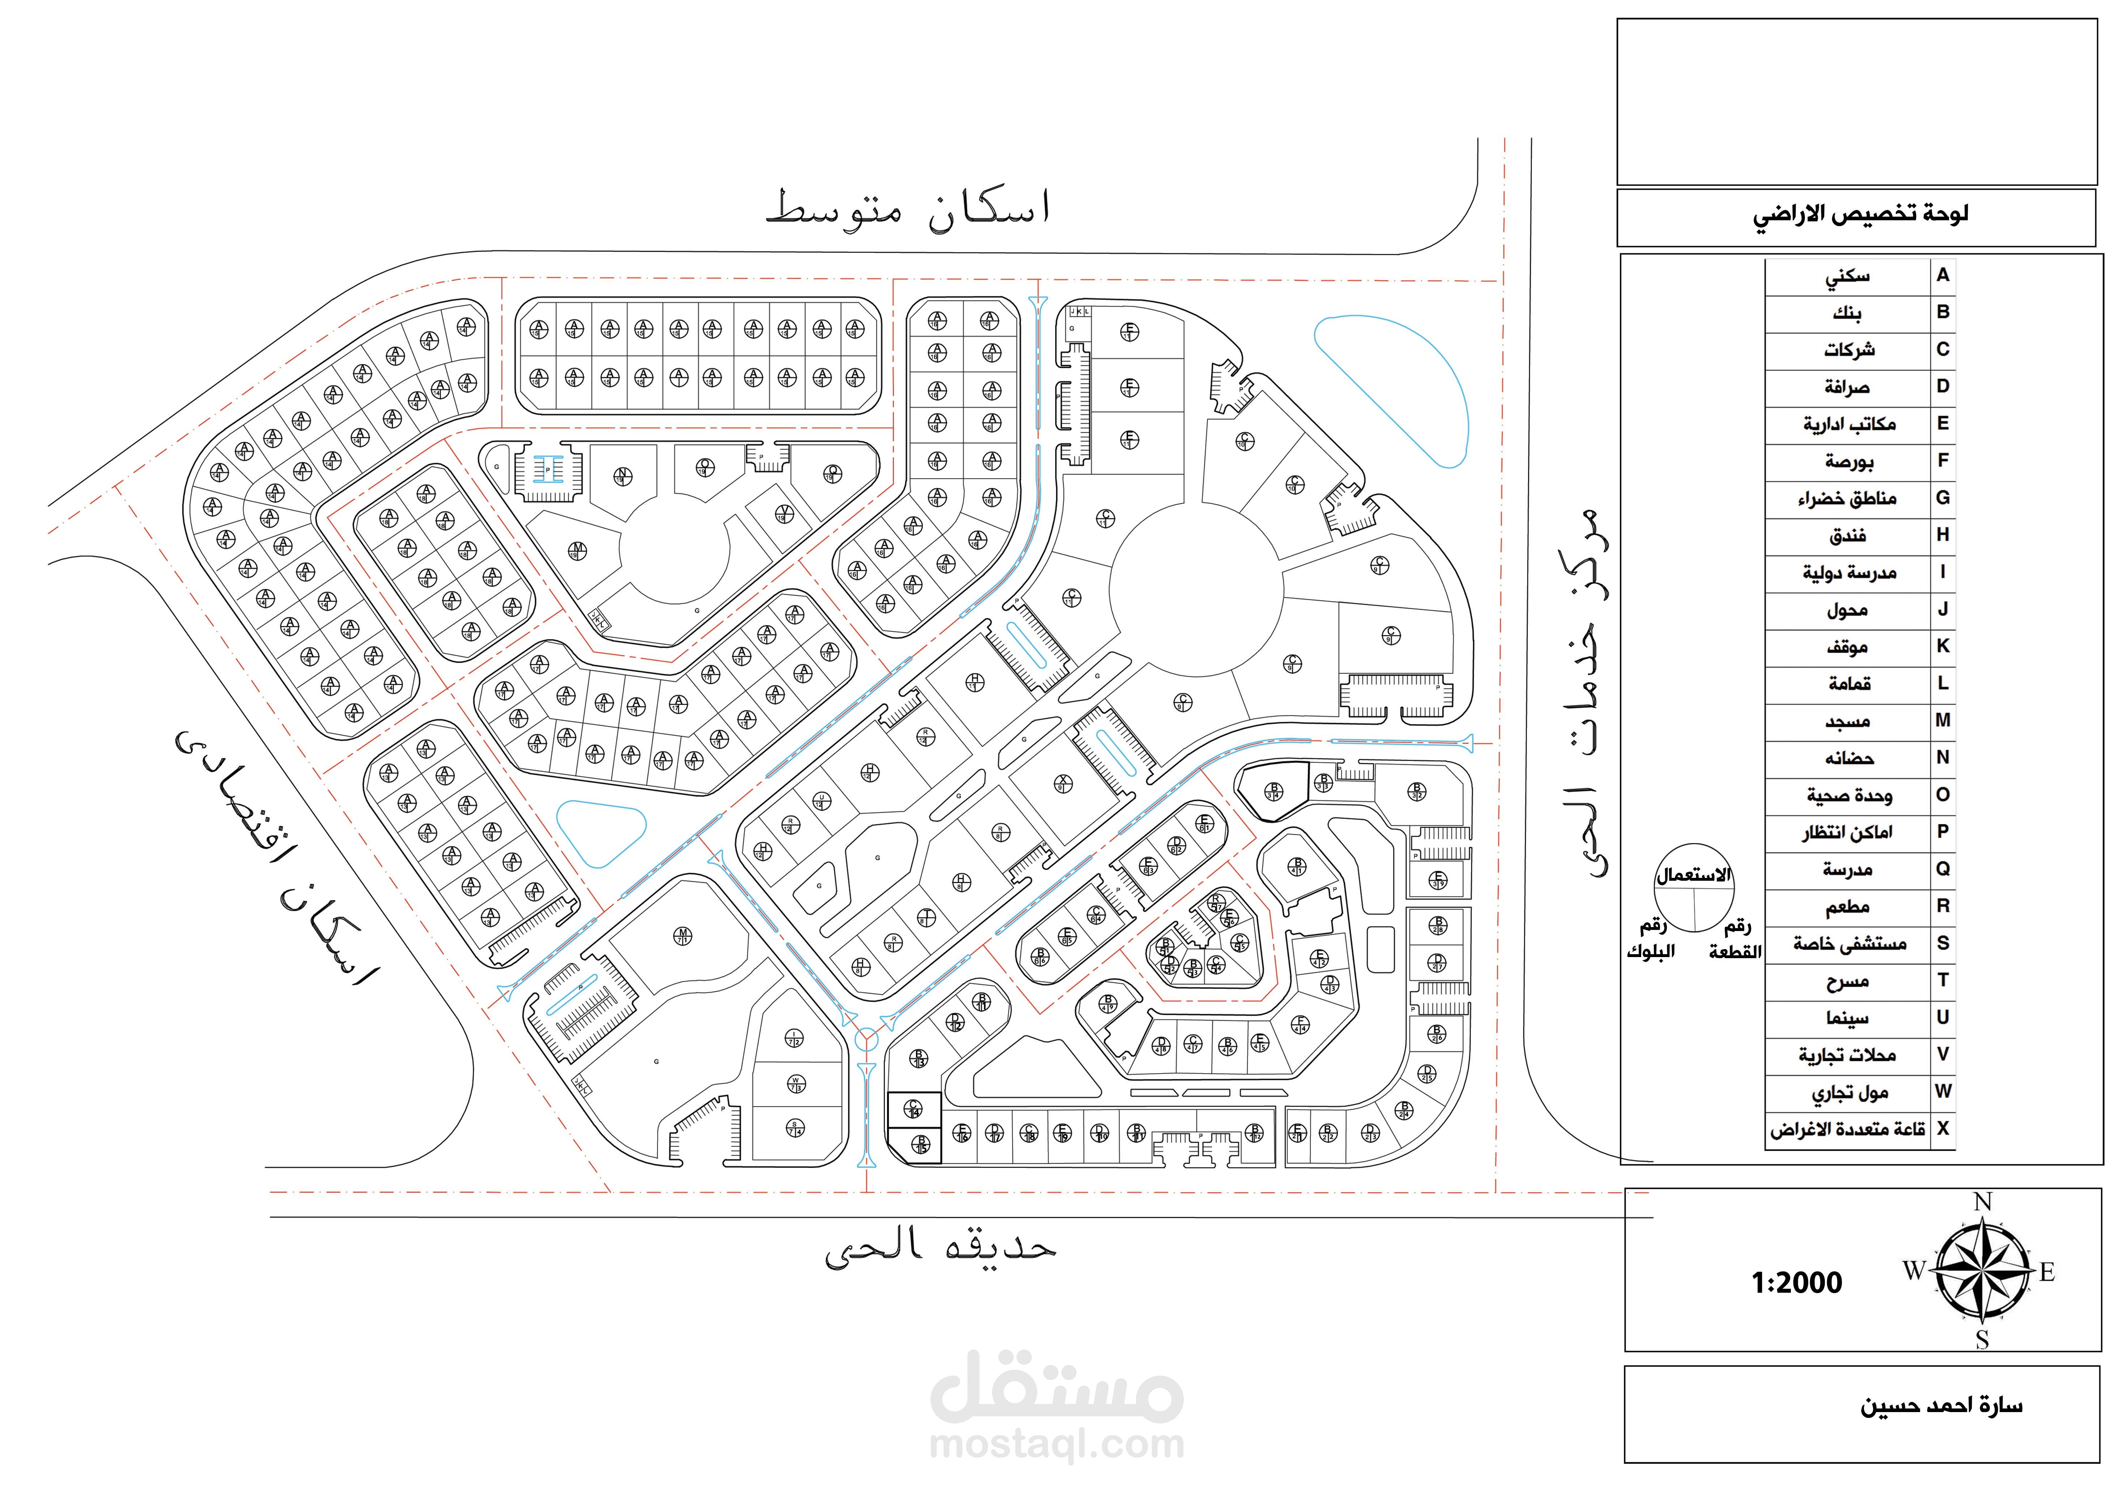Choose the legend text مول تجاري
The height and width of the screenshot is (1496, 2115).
1850,1093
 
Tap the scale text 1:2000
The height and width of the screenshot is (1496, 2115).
1796,1282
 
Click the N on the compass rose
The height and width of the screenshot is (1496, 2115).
1982,1202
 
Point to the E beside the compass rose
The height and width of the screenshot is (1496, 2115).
2047,1272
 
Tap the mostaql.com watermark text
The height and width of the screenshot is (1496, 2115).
1057,1444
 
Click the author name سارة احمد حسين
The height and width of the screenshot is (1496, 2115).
1941,1406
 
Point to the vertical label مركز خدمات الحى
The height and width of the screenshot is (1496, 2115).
1584,691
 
